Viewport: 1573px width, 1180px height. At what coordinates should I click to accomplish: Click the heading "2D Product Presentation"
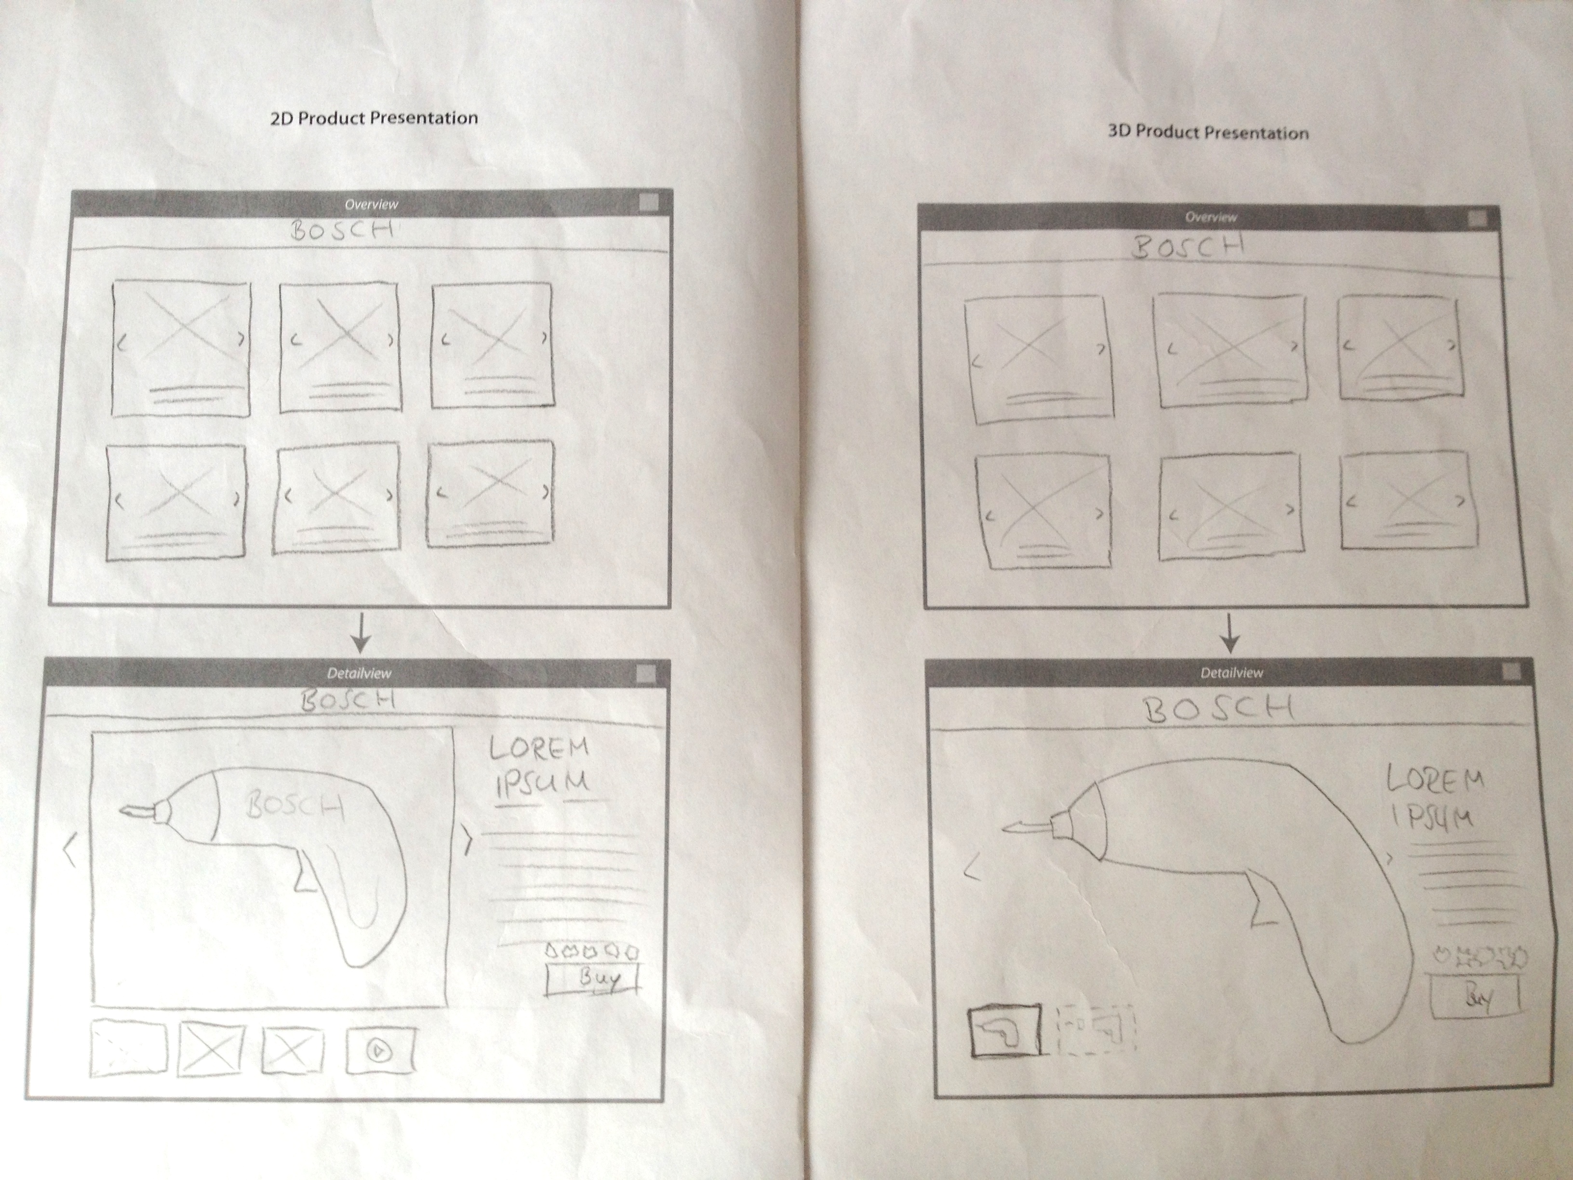pos(374,118)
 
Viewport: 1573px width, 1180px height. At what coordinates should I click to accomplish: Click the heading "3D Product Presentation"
pos(1208,132)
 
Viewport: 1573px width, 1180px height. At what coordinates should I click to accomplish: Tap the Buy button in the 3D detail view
pos(1474,996)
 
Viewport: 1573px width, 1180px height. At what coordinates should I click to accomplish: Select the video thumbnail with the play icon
pos(380,1050)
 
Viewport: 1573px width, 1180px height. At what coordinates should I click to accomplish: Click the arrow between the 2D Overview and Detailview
pos(361,632)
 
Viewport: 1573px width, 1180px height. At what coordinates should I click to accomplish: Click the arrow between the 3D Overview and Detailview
pos(1229,633)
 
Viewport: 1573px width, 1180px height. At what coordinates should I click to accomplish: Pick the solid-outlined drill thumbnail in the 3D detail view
pos(1004,1031)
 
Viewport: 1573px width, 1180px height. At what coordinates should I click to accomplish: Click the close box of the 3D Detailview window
pos(1511,670)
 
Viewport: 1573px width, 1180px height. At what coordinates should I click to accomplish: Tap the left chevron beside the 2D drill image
pos(70,851)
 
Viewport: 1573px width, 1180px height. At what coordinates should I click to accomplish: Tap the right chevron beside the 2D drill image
pos(467,839)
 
